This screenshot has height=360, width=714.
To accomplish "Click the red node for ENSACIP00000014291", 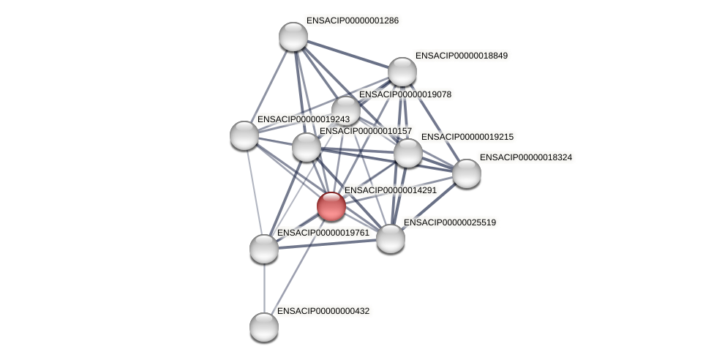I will (x=331, y=206).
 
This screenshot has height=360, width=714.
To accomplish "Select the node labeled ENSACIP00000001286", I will (x=293, y=37).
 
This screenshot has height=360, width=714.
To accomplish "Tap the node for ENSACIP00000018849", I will (x=402, y=72).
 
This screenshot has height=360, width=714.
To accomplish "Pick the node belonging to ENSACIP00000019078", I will (x=345, y=110).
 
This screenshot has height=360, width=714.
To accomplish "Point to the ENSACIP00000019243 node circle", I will (x=244, y=135).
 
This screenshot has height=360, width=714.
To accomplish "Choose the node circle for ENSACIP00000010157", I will (x=307, y=147).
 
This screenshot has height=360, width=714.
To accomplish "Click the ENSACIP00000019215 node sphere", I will (x=407, y=153).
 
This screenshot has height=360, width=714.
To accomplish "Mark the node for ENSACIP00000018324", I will (x=467, y=173).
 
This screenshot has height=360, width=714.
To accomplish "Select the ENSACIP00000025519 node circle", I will (x=391, y=239).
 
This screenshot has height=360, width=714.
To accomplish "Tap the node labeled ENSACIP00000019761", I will (x=264, y=249).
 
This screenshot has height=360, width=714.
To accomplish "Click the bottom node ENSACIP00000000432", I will (x=264, y=326).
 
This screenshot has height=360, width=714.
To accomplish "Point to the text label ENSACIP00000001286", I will (x=352, y=20).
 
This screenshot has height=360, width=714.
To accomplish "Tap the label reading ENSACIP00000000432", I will (x=323, y=311).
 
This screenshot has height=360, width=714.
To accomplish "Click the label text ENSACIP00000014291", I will (x=390, y=190).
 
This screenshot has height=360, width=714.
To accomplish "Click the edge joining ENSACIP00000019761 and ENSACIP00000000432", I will (x=264, y=288).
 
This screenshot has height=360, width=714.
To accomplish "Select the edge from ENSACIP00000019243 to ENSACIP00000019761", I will (x=254, y=192).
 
